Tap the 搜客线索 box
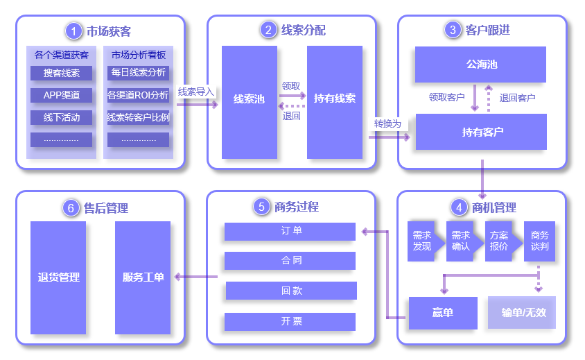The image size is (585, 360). [x=61, y=73]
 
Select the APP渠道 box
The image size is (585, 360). [x=61, y=95]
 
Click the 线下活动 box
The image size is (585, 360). [x=61, y=117]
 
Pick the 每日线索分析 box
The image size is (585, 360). [x=138, y=73]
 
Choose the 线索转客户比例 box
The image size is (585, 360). [x=138, y=117]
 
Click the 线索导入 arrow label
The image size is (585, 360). [x=196, y=92]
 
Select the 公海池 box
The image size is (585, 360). [x=481, y=65]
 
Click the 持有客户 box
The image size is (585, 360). [x=481, y=132]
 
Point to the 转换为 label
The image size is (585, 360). [x=387, y=124]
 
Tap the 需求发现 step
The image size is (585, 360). [x=422, y=241]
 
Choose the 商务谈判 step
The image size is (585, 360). [x=539, y=241]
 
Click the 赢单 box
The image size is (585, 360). [x=442, y=313]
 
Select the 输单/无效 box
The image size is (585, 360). [x=522, y=313]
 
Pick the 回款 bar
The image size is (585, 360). [x=290, y=291]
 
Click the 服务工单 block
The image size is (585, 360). [x=142, y=277]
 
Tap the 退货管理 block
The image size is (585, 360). [x=58, y=277]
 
